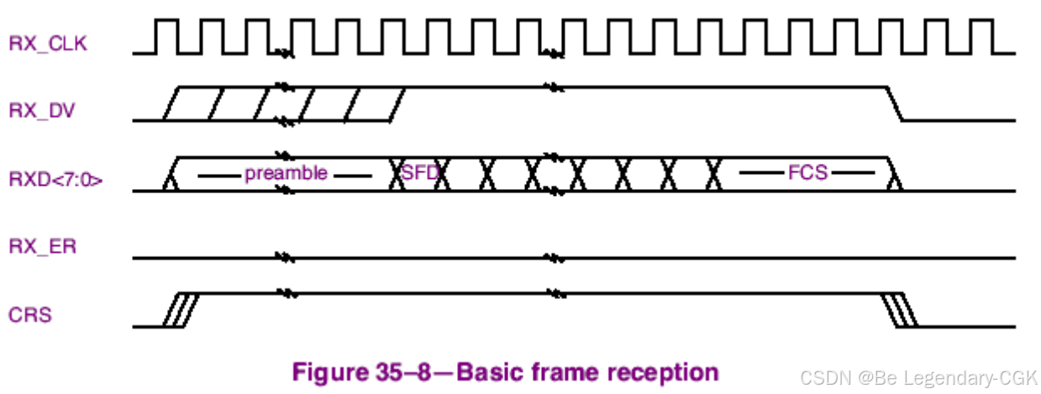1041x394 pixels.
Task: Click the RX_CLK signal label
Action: tap(47, 44)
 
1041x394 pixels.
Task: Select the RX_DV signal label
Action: tap(43, 110)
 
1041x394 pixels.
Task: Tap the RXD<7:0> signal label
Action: tap(55, 178)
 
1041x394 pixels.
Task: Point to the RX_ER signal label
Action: tap(43, 247)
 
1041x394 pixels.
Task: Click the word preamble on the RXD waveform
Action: tap(286, 174)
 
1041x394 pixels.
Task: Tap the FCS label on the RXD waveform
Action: tap(807, 174)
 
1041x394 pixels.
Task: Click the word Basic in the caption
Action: tap(496, 371)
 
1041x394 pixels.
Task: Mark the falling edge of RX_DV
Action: tap(895, 103)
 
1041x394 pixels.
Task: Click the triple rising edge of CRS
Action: tap(179, 309)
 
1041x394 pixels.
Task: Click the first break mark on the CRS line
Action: tap(286, 293)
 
